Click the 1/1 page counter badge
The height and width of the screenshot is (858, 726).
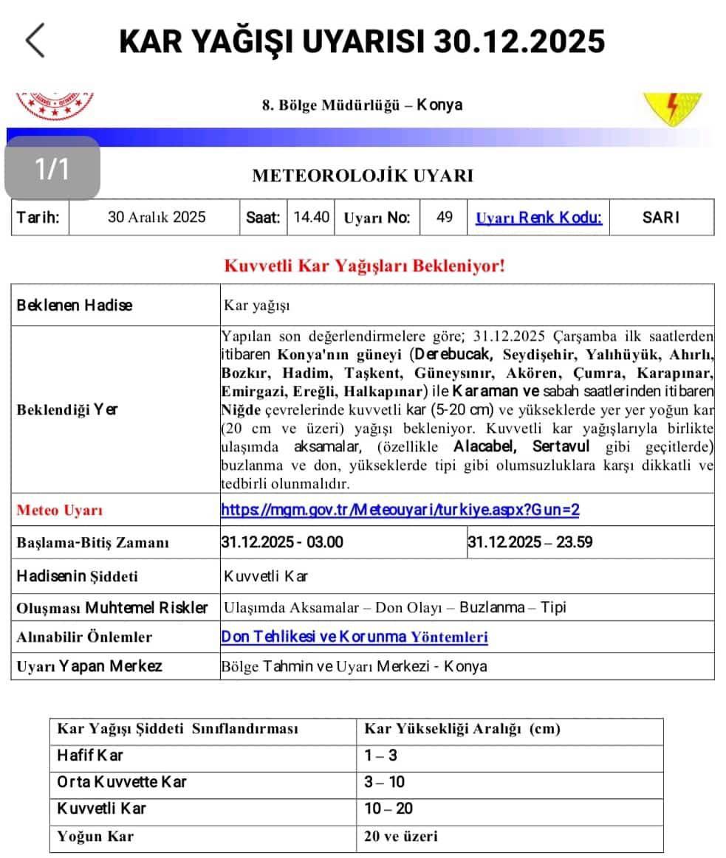52,168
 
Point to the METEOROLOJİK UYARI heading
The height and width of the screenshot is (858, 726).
363,176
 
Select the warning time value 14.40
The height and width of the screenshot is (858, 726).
311,218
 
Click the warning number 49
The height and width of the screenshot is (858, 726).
445,218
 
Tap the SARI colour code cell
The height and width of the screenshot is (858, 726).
661,218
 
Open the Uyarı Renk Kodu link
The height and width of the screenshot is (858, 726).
538,218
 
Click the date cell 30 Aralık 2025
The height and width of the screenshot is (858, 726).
157,218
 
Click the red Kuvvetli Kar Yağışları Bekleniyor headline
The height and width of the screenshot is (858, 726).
364,266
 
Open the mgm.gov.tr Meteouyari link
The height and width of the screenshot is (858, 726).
400,510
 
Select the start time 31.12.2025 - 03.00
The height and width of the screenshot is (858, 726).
282,542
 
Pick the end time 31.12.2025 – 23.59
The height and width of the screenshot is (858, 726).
530,542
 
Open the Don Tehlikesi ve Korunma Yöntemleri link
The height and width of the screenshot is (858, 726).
355,637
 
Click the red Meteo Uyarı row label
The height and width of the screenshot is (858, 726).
60,510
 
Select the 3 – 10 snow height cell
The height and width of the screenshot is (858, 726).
384,782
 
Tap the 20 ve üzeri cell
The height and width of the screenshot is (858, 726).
400,836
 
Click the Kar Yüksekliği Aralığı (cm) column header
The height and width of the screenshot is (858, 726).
462,729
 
